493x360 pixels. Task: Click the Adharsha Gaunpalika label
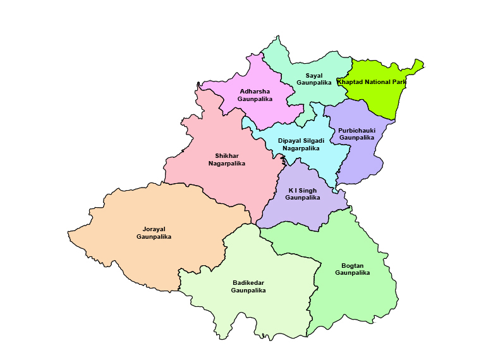pyautogui.click(x=255, y=95)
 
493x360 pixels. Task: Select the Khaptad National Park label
pyautogui.click(x=372, y=82)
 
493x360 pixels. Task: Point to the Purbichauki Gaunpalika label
pyautogui.click(x=356, y=134)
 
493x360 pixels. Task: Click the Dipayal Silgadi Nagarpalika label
pyautogui.click(x=301, y=144)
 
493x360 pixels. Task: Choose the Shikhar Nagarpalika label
pyautogui.click(x=226, y=159)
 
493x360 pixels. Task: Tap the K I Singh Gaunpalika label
pyautogui.click(x=302, y=194)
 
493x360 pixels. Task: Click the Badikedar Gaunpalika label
pyautogui.click(x=248, y=287)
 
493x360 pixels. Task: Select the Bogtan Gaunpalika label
pyautogui.click(x=352, y=269)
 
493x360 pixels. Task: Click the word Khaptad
pyautogui.click(x=351, y=82)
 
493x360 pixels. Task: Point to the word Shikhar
pyautogui.click(x=226, y=155)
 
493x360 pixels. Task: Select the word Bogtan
pyautogui.click(x=352, y=265)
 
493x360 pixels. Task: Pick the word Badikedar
pyautogui.click(x=248, y=283)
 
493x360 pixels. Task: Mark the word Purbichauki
pyautogui.click(x=356, y=130)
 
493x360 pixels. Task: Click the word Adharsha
pyautogui.click(x=255, y=92)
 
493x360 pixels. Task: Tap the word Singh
pyautogui.click(x=307, y=190)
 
